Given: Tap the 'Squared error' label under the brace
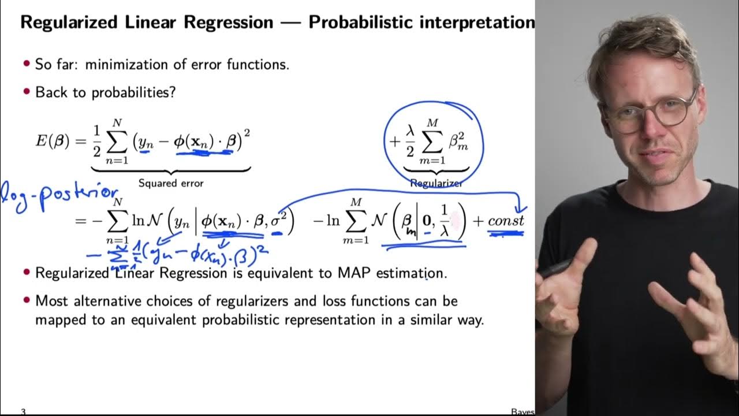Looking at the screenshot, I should pos(170,183).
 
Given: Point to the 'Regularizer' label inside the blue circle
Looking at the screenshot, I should pos(436,183).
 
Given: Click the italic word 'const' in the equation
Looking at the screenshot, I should pos(506,221).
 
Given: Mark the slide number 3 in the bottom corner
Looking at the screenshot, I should pos(23,411).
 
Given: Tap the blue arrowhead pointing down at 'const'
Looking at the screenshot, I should pos(518,209).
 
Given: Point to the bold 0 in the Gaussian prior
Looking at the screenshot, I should pos(426,221).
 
